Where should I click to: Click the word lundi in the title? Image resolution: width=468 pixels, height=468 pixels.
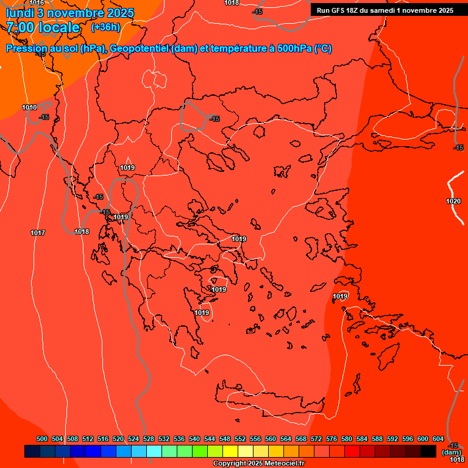tap(19, 13)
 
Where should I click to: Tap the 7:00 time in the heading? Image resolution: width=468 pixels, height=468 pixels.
tap(22, 27)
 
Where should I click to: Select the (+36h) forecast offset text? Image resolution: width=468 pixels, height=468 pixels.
tap(105, 27)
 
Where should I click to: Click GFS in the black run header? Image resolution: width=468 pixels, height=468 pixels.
tap(338, 10)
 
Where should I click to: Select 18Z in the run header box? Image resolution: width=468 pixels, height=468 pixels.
tap(352, 10)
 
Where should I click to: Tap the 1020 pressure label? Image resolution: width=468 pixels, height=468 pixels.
tap(453, 201)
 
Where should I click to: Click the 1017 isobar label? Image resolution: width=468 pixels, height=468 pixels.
tap(38, 233)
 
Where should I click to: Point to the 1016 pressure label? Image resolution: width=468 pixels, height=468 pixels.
tap(37, 3)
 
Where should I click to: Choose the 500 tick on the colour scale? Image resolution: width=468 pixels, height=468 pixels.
tap(42, 439)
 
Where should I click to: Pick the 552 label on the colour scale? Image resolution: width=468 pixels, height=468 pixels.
tap(240, 439)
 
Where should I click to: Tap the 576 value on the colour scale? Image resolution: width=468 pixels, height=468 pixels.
tap(331, 439)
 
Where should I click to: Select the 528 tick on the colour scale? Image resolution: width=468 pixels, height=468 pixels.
tap(149, 439)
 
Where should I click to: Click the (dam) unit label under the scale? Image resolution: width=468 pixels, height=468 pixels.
tap(452, 452)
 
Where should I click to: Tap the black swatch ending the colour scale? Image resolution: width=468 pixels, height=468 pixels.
tap(428, 452)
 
